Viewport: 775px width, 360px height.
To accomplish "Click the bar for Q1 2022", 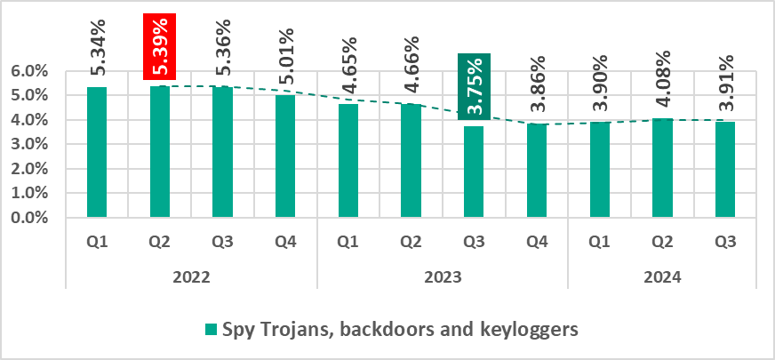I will [x=97, y=152].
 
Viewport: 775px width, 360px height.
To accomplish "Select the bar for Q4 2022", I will [x=285, y=156].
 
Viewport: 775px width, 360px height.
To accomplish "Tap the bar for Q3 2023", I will [x=474, y=172].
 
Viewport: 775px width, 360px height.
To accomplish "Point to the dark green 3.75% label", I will [x=475, y=87].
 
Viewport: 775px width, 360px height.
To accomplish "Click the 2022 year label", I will [x=191, y=277].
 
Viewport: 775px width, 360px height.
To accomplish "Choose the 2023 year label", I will [x=442, y=277].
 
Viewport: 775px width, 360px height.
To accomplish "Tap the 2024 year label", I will [x=662, y=277].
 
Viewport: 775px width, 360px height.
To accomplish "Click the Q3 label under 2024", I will [x=725, y=240].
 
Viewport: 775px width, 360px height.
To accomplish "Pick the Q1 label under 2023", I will [x=348, y=240].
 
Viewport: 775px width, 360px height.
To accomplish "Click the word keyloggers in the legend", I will [x=531, y=330].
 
